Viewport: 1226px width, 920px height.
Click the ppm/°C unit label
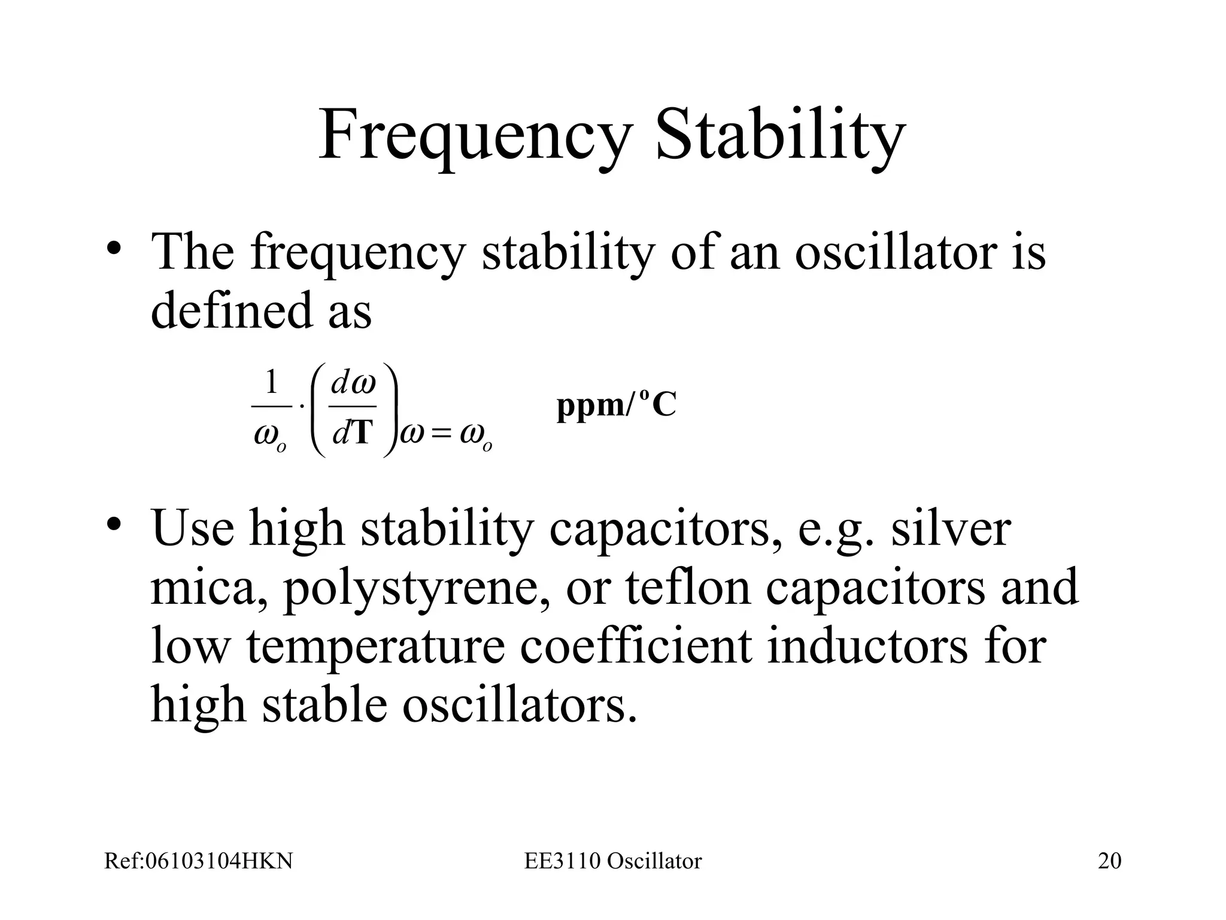[616, 405]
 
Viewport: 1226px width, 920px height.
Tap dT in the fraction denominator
[353, 432]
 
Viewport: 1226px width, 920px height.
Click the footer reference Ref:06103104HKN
[199, 861]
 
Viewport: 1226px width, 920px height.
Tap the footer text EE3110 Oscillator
[613, 861]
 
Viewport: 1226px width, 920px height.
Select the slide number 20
[1109, 861]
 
